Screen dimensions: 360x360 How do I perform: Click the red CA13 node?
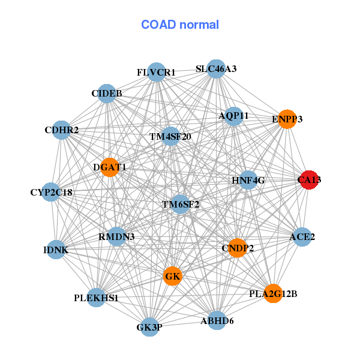point(308,180)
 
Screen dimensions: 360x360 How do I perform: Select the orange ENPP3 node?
point(287,119)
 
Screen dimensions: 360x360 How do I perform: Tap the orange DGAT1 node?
point(110,167)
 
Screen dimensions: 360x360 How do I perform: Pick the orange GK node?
point(172,276)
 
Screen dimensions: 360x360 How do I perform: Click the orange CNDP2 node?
point(238,248)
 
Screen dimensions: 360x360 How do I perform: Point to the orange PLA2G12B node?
point(273,293)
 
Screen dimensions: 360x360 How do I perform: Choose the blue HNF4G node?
point(248,180)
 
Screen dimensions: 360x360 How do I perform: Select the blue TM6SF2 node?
point(180,204)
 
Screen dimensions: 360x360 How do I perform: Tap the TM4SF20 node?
point(170,136)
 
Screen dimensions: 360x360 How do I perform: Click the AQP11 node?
point(234,116)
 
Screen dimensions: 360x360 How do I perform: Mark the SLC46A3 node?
point(216,69)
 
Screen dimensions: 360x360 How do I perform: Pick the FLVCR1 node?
point(156,73)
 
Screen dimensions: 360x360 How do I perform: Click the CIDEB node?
point(107,94)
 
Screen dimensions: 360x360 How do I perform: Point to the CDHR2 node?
point(62,130)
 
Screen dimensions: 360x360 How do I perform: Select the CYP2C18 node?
point(52,193)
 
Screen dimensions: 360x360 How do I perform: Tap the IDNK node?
point(56,250)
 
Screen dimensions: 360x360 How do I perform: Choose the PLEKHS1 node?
point(97,297)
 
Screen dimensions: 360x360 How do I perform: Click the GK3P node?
point(150,327)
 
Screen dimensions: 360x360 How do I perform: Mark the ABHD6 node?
point(217,321)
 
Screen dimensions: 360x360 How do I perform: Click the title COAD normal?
point(180,25)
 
